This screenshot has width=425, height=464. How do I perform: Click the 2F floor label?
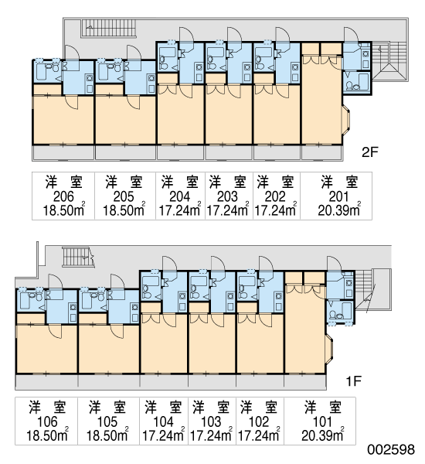pyautogui.click(x=370, y=152)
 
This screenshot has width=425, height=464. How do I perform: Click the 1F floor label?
pyautogui.click(x=354, y=381)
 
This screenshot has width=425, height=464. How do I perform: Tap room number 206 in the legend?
pyautogui.click(x=63, y=196)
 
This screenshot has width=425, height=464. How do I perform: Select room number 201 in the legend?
pyautogui.click(x=339, y=196)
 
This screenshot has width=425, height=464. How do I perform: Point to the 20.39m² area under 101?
pyautogui.click(x=323, y=435)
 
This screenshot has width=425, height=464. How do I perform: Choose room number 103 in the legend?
pyautogui.click(x=211, y=421)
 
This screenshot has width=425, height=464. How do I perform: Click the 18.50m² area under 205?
pyautogui.click(x=124, y=210)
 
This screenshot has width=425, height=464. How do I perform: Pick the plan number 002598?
pyautogui.click(x=391, y=449)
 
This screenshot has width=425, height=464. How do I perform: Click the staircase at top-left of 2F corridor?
pyautogui.click(x=108, y=29)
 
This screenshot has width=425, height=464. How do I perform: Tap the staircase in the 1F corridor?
pyautogui.click(x=78, y=257)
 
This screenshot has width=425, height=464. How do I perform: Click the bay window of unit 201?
pyautogui.click(x=346, y=120)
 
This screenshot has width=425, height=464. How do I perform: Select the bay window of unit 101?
pyautogui.click(x=329, y=350)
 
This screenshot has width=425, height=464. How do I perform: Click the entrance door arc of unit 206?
pyautogui.click(x=72, y=53)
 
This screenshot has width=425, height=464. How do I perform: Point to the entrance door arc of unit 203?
pyautogui.click(x=235, y=35)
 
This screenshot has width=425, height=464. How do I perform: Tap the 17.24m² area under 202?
pyautogui.click(x=276, y=210)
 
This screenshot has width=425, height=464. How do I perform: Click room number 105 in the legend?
pyautogui.click(x=107, y=421)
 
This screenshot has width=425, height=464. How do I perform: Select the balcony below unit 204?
pyautogui.click(x=180, y=152)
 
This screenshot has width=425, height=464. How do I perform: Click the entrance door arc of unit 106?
pyautogui.click(x=56, y=282)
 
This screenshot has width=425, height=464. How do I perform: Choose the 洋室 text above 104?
pyautogui.click(x=164, y=408)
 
